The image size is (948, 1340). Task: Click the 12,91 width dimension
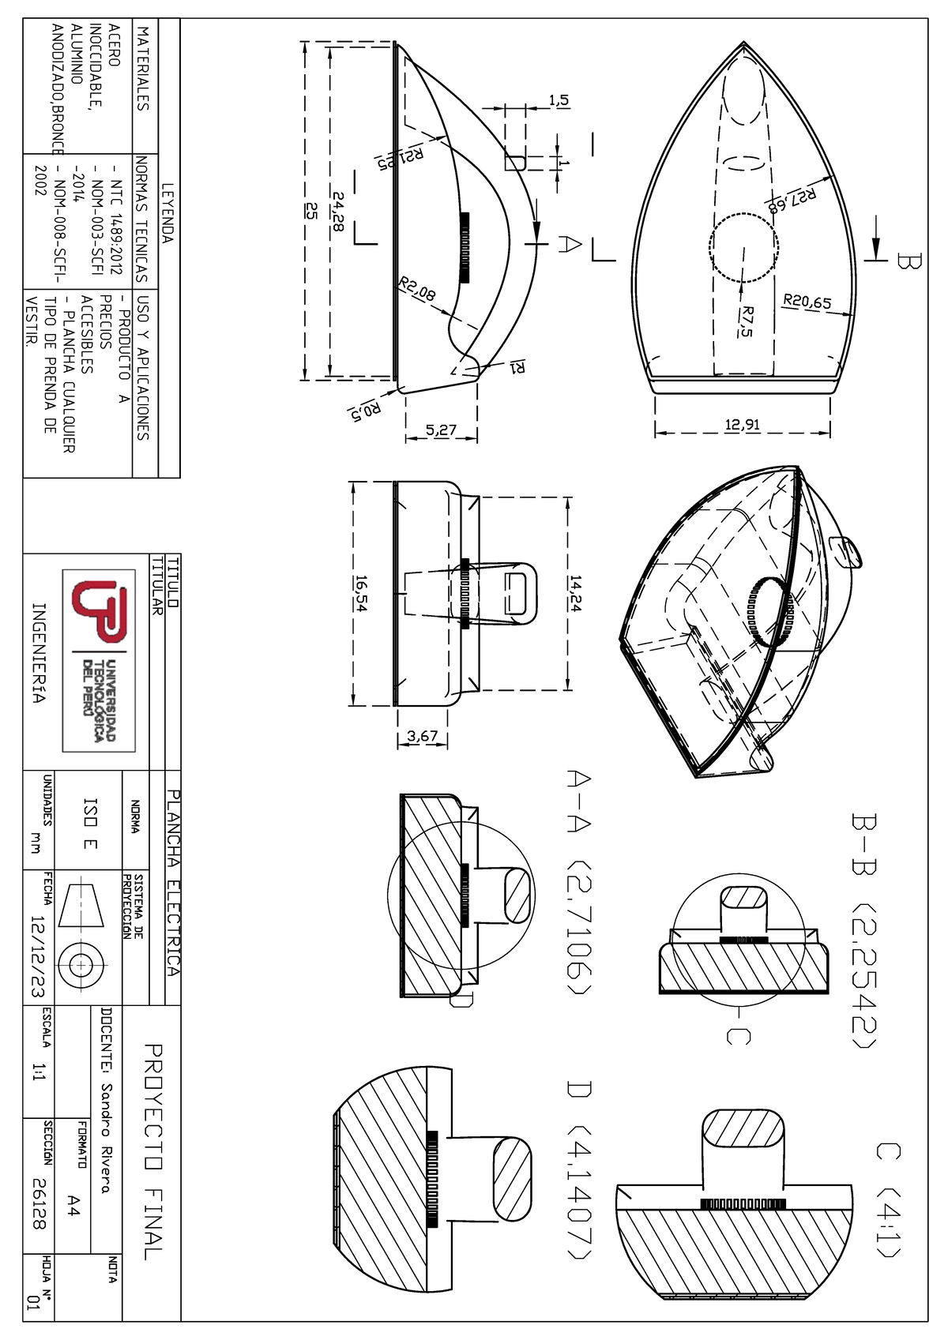742,425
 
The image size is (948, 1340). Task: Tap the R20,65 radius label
807,302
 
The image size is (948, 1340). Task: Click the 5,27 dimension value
441,430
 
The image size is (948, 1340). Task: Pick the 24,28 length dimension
338,211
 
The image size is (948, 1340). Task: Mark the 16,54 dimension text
361,593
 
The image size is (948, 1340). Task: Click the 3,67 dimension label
422,736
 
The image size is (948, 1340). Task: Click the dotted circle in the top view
744,248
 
